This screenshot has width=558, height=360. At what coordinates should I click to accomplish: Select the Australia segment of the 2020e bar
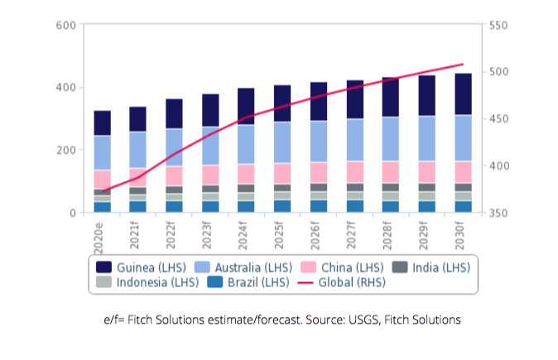pos(103,152)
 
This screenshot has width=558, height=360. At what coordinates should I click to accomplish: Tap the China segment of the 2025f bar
pos(282,173)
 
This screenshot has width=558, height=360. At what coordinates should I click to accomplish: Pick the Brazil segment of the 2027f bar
pos(354,206)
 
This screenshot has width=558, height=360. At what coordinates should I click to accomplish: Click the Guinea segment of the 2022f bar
pos(175,113)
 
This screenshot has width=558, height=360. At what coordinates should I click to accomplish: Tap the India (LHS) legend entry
pos(435,266)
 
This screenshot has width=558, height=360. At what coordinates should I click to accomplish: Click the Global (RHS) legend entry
pos(344,281)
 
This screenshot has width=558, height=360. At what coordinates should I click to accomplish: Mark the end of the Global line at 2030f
pos(462,65)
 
